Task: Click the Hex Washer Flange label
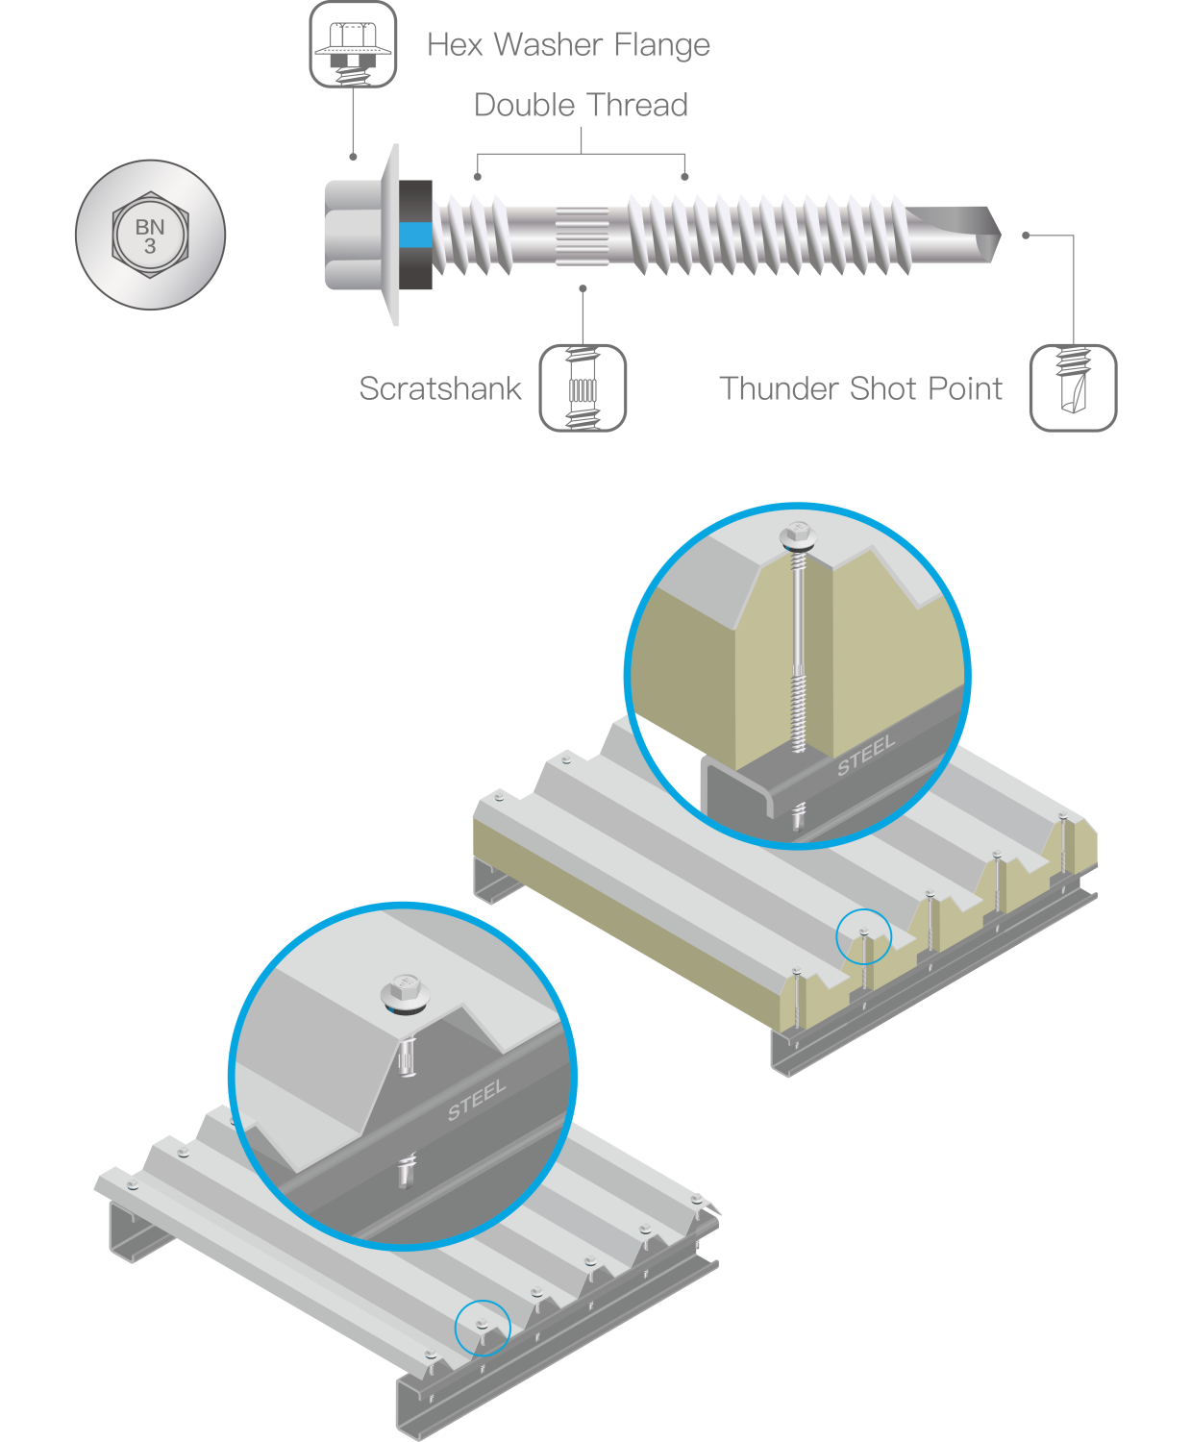coord(568,45)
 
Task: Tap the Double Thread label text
coord(581,105)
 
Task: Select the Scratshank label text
coord(440,388)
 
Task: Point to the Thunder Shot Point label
coord(860,388)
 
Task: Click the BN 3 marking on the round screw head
coord(150,236)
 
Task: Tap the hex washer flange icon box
coord(353,44)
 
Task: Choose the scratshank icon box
coord(583,388)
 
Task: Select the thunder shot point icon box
coord(1073,388)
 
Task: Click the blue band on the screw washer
coord(415,236)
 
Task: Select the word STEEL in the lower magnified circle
coord(476,1100)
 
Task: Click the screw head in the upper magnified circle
coord(798,535)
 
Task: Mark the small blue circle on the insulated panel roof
coord(863,936)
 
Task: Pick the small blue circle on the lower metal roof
coord(483,1328)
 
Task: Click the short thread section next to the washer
coord(472,236)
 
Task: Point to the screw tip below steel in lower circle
coord(407,1172)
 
